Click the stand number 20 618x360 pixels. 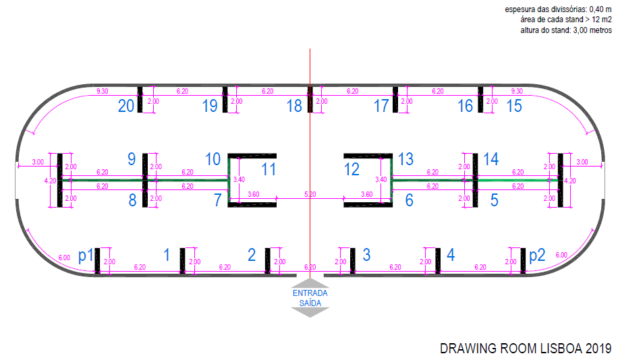click(126, 106)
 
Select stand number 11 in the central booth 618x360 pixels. click(269, 169)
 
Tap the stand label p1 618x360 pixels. click(85, 256)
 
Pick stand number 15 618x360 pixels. click(513, 106)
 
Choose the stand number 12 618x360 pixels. click(352, 169)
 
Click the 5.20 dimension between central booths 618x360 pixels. click(310, 194)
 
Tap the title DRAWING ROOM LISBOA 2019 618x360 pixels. click(526, 349)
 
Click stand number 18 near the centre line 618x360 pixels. click(294, 106)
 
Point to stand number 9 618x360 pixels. click(132, 159)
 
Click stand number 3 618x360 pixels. click(366, 254)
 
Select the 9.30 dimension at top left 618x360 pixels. click(103, 90)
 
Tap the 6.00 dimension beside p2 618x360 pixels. click(561, 255)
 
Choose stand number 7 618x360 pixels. click(218, 200)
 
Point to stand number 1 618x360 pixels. click(167, 254)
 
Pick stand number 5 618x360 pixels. click(494, 200)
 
